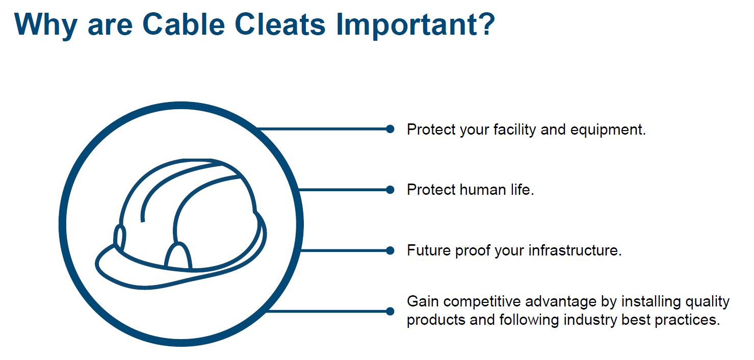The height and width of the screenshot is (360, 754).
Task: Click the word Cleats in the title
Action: click(280, 24)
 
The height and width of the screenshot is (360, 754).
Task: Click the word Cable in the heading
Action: click(184, 24)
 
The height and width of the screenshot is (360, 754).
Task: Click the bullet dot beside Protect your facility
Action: click(390, 129)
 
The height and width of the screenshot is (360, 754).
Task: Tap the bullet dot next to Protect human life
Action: click(390, 190)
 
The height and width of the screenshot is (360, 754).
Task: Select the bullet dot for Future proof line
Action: click(390, 250)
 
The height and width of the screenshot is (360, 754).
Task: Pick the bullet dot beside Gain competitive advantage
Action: click(390, 312)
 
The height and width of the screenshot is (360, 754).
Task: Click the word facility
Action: click(515, 130)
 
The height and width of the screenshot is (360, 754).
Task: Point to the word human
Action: click(483, 190)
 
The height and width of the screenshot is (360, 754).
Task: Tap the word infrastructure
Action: click(575, 250)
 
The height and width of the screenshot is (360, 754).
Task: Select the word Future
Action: click(429, 250)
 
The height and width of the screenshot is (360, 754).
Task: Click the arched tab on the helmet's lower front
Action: click(178, 255)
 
